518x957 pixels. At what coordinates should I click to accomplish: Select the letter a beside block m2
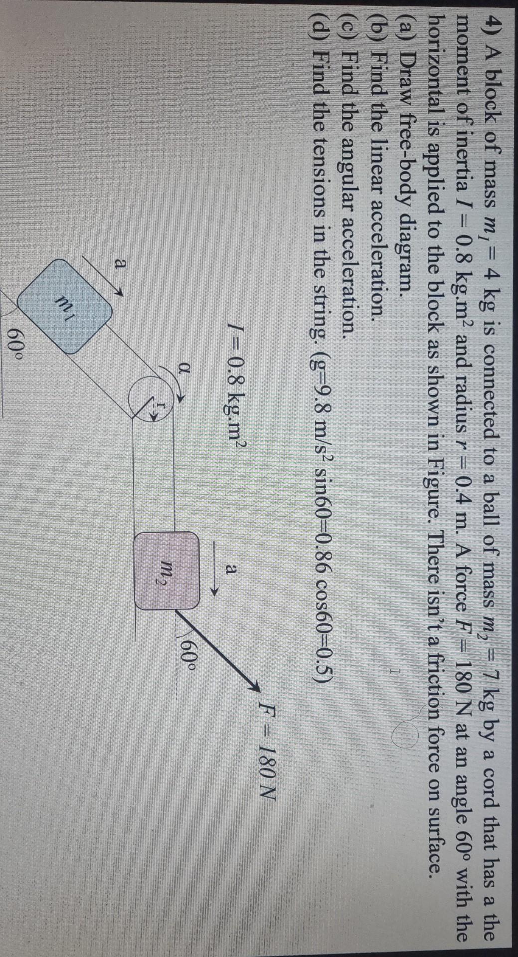point(231,568)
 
